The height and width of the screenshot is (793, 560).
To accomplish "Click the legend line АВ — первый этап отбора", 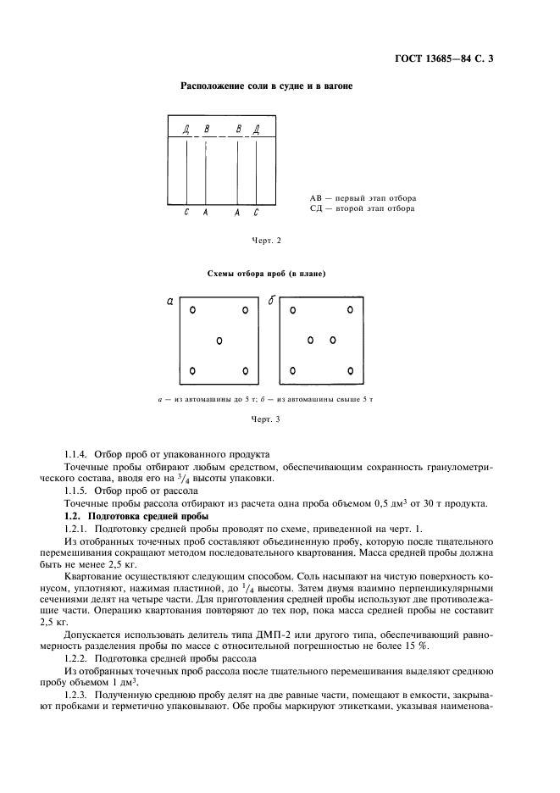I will pos(362,197).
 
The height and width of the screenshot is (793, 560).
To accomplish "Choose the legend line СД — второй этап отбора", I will pos(362,208).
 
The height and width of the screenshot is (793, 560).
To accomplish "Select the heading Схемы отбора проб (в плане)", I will pos(266,274).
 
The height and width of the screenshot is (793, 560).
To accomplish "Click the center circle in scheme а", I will pos(219,341).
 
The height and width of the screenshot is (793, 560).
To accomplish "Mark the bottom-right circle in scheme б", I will pos(349,370).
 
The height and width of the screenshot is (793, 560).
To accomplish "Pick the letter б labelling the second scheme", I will pos(271,301).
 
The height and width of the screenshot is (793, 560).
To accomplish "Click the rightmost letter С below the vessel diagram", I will pos(256,213).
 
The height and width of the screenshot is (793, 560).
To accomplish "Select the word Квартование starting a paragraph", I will pos(94,574).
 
